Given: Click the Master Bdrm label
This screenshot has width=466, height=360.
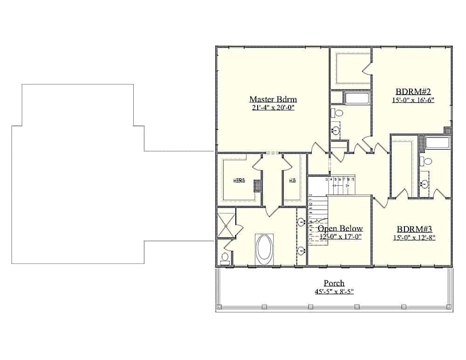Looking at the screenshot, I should pyautogui.click(x=273, y=99).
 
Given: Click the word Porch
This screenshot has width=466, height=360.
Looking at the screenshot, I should pyautogui.click(x=334, y=283).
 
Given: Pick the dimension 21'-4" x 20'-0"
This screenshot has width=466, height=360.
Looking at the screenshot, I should pyautogui.click(x=273, y=108).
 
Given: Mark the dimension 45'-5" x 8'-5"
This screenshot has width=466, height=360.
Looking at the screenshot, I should pyautogui.click(x=334, y=292).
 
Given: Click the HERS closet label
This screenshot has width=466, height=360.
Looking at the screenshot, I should pyautogui.click(x=240, y=181).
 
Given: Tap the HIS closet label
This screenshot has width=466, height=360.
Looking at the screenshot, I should pyautogui.click(x=292, y=181).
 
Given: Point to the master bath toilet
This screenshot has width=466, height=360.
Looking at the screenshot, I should pyautogui.click(x=225, y=258).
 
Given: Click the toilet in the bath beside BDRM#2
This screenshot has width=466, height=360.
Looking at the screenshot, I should pyautogui.click(x=338, y=113).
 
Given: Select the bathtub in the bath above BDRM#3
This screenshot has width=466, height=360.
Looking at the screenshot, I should pyautogui.click(x=437, y=143).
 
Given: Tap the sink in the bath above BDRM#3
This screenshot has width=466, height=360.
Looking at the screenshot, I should pyautogui.click(x=425, y=183).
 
